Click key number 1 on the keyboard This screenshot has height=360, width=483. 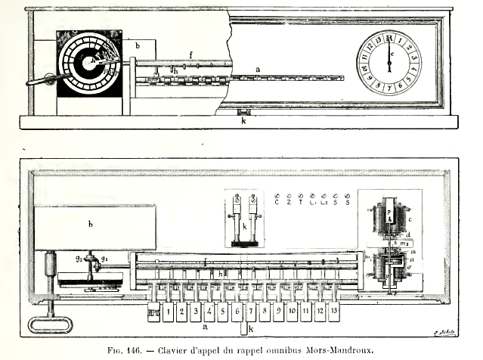[x=169, y=311]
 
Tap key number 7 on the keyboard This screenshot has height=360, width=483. [x=251, y=311]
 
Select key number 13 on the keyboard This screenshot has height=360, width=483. [x=333, y=311]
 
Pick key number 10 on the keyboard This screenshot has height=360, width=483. [x=292, y=311]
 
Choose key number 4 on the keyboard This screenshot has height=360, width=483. [x=210, y=311]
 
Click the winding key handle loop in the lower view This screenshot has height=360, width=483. [x=50, y=324]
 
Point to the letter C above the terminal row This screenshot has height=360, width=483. [x=277, y=202]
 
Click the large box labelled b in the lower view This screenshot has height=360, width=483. [x=95, y=226]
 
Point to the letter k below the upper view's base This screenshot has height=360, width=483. [x=243, y=120]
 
